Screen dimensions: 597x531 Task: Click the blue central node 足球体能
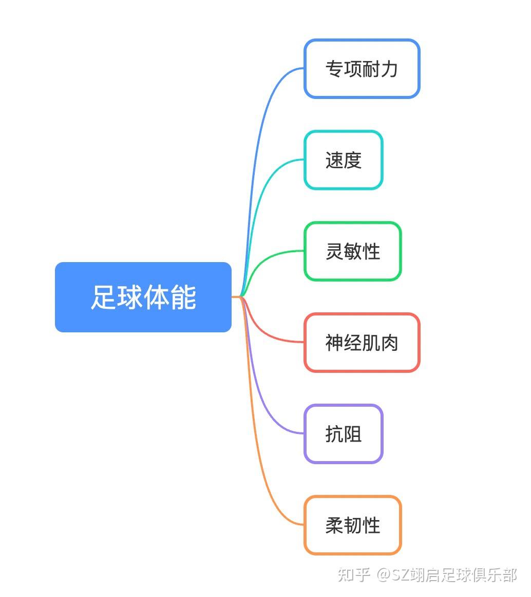click(143, 297)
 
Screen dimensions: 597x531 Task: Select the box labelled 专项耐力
click(362, 69)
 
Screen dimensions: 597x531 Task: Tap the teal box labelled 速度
click(343, 160)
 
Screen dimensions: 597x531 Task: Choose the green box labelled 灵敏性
click(352, 251)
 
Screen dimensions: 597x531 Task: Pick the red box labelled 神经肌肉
click(362, 343)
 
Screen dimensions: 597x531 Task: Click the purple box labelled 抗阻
click(343, 434)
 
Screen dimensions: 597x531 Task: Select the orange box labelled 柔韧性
click(352, 525)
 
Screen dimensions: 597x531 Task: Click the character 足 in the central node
click(103, 297)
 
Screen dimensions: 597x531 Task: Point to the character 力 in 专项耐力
click(389, 69)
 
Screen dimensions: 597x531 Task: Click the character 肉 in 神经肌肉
click(389, 343)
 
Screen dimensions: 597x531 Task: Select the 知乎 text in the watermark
click(354, 575)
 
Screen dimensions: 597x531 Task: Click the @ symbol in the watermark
click(384, 575)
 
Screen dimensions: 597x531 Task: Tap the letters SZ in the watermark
click(402, 575)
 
